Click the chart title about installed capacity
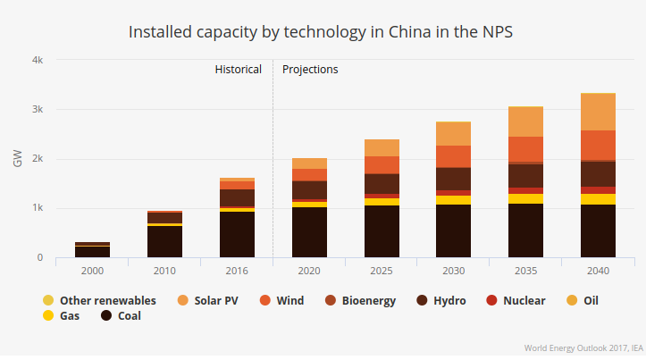323,31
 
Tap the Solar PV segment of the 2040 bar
598,112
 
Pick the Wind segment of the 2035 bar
525,149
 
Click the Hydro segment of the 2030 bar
453,179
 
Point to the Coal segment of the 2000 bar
92,252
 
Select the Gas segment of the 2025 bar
381,202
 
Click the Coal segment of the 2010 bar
164,241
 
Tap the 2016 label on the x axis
237,271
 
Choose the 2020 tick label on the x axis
309,271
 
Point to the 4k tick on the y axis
37,60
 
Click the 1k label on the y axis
37,208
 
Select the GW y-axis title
18,159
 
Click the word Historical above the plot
239,69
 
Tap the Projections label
310,69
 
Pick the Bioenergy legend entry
362,300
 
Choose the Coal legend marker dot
106,315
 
